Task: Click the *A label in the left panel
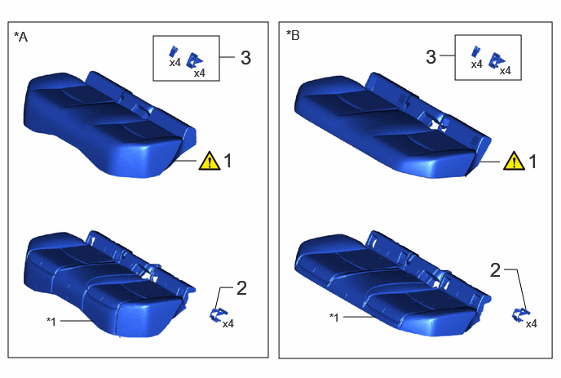20,37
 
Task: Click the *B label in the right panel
293,35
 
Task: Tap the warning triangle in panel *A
210,161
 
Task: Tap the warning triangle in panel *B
515,161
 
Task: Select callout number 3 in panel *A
245,58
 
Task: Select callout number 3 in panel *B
431,56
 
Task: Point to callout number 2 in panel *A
241,288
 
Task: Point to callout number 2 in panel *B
495,270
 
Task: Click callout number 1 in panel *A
228,161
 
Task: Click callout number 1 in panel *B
532,161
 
